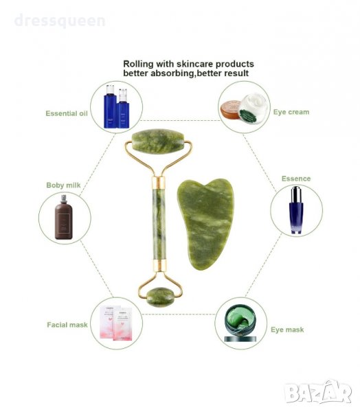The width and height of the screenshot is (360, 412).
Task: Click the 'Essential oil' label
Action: pos(67,113)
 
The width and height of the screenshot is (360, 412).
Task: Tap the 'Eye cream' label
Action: pos(291,112)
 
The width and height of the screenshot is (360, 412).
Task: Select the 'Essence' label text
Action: pos(296,179)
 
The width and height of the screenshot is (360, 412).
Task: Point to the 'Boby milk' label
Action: pos(63,185)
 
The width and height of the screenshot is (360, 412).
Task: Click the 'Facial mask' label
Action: pos(67,325)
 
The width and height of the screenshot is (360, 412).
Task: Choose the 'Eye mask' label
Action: pos(287,330)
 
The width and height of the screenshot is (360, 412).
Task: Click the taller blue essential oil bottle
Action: pos(110,106)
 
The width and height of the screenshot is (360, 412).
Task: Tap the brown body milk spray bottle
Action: pos(63,217)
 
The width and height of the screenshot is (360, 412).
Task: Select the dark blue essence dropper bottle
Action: pos(296,210)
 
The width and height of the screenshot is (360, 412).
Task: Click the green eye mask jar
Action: pos(240,323)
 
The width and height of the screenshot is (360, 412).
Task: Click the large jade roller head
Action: pos(158,141)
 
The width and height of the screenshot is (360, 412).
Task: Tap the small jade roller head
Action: pos(160,297)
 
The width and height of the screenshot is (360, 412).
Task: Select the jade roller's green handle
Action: pos(159,224)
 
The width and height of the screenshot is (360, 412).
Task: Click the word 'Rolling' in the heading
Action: pos(138,64)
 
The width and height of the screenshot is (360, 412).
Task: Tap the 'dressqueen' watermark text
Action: pos(60,21)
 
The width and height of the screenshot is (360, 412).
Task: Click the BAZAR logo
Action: pos(318,392)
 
